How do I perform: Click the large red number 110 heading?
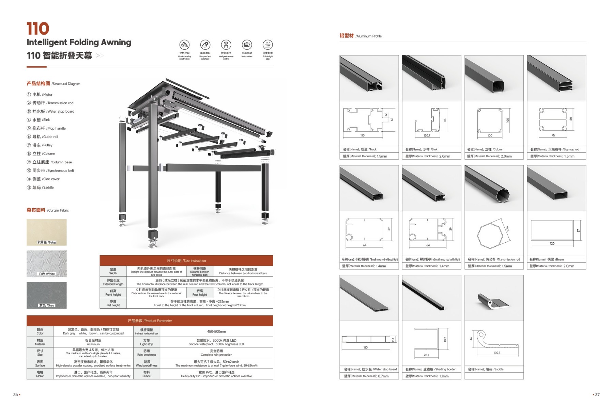[x=38, y=29]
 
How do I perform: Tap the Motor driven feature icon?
[x=247, y=45]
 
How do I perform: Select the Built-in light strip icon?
[x=267, y=45]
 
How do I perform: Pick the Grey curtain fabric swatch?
[x=46, y=295]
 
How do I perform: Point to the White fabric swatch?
[x=46, y=264]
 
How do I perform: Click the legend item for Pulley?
[x=42, y=145]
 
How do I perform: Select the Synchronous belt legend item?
[x=53, y=170]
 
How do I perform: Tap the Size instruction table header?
[x=186, y=261]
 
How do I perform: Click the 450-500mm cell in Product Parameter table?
[x=216, y=331]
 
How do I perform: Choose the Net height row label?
[x=113, y=303]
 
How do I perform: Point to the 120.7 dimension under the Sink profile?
[x=427, y=135]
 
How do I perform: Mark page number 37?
[x=597, y=395]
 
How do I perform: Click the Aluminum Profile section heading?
[x=361, y=36]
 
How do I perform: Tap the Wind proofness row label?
[x=147, y=363]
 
